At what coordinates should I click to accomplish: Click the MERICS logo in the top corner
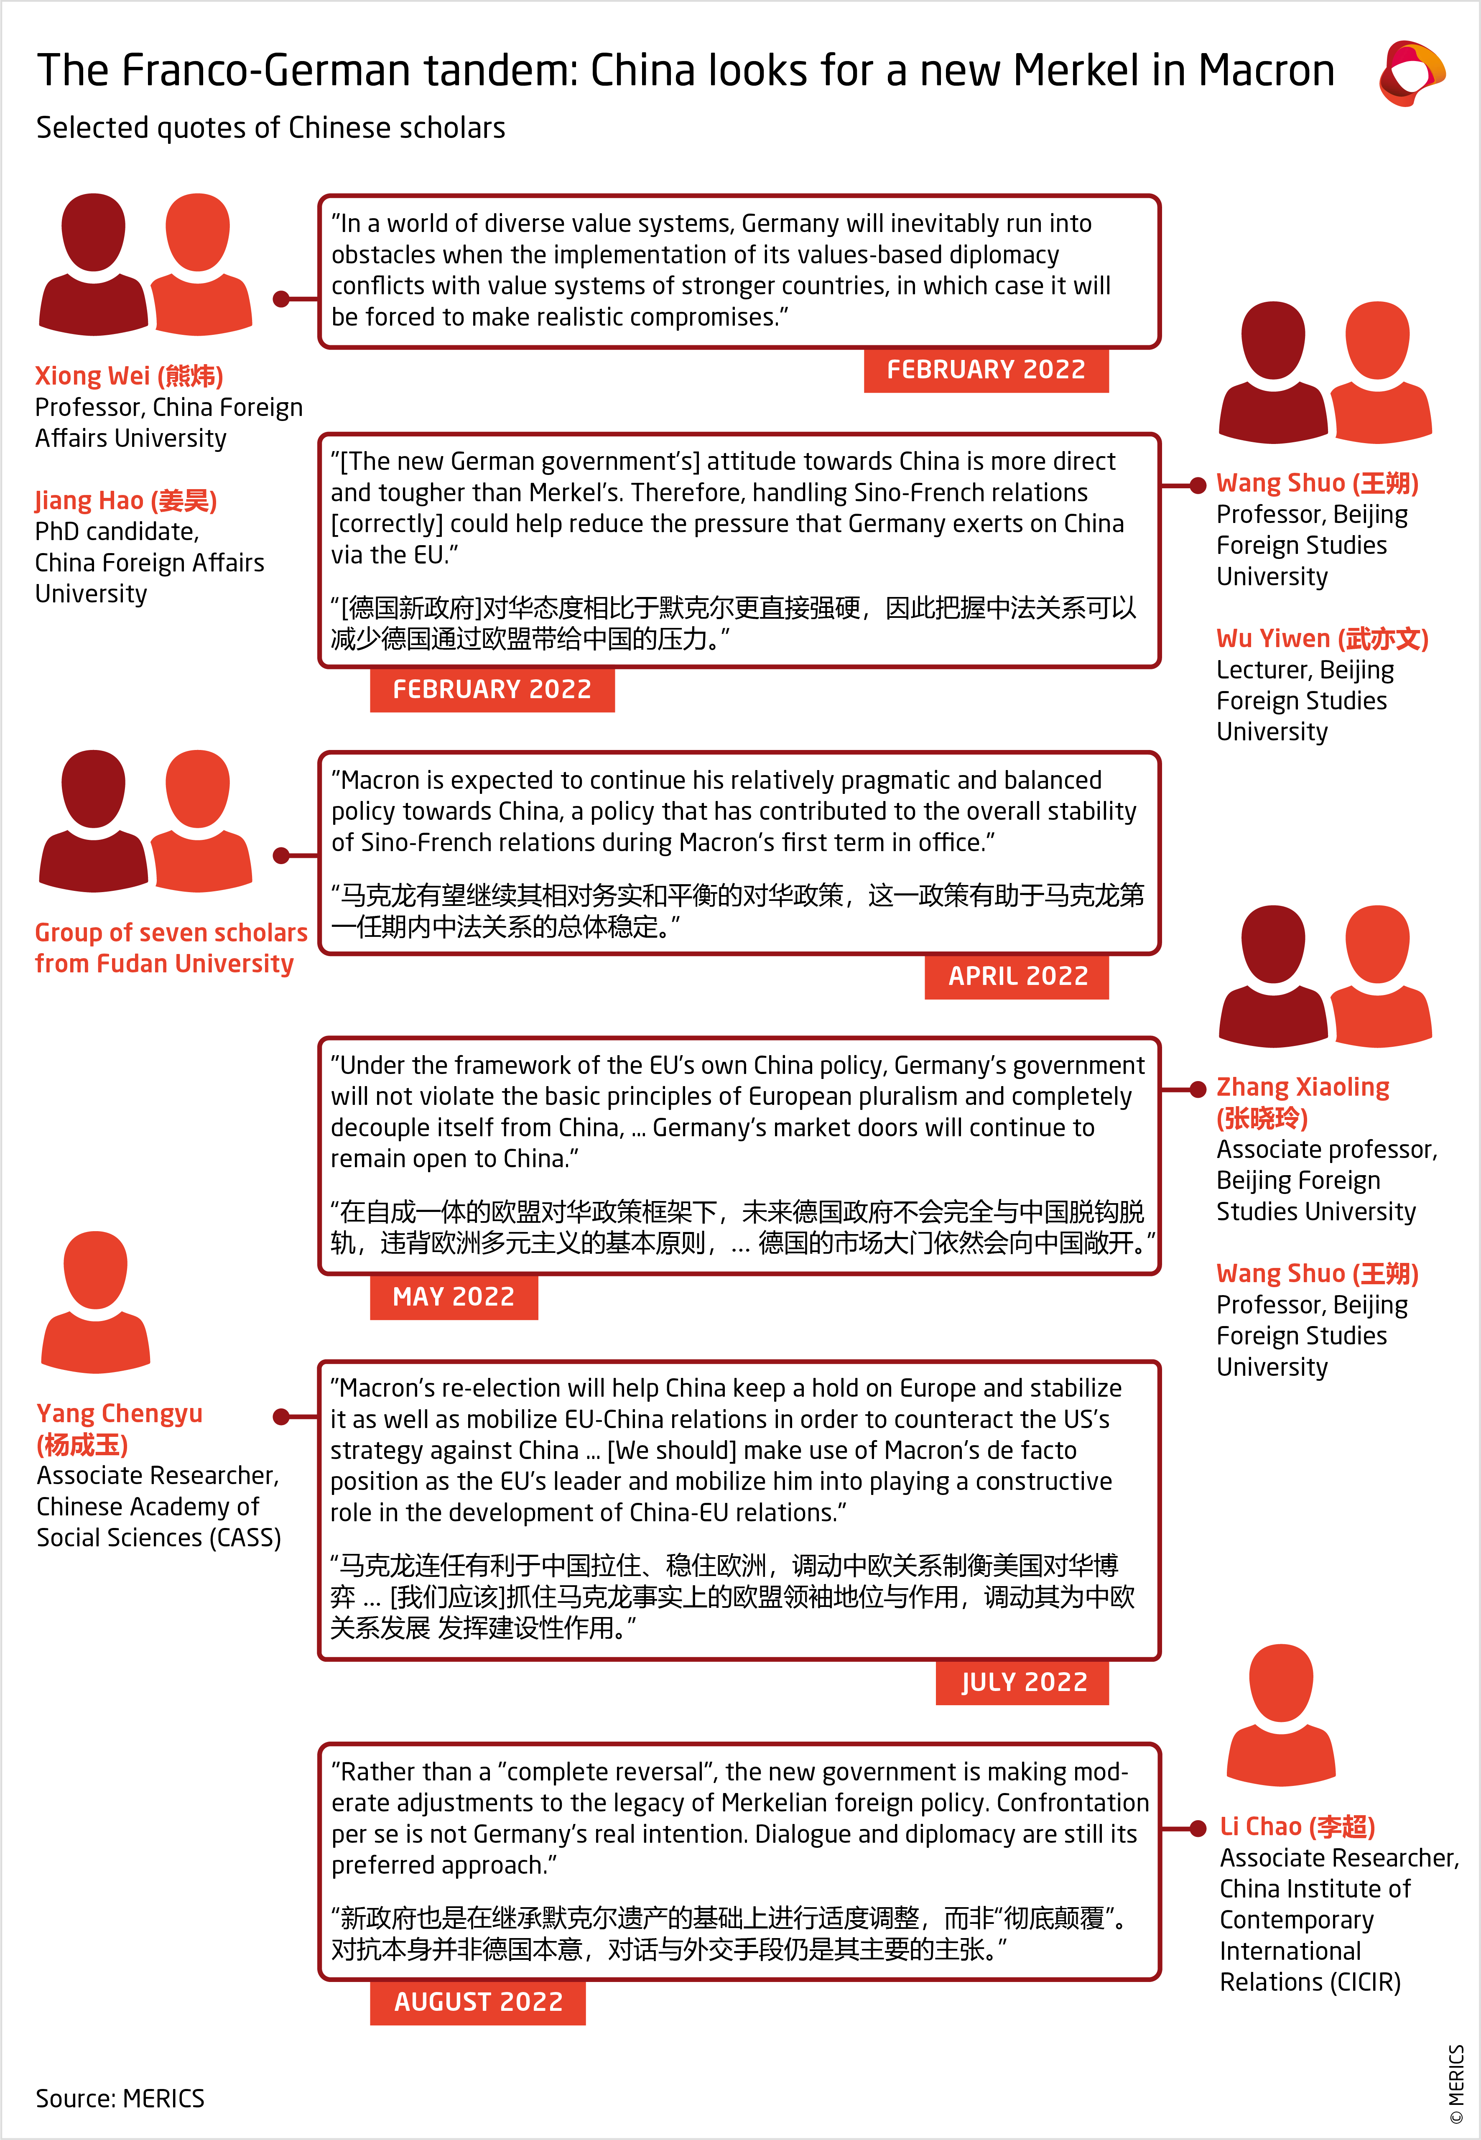point(1410,72)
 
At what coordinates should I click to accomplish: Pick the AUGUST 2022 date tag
point(478,2002)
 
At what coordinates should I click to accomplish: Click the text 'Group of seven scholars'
point(171,933)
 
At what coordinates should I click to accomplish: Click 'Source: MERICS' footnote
point(120,2098)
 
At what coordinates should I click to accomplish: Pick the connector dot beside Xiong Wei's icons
point(281,299)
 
